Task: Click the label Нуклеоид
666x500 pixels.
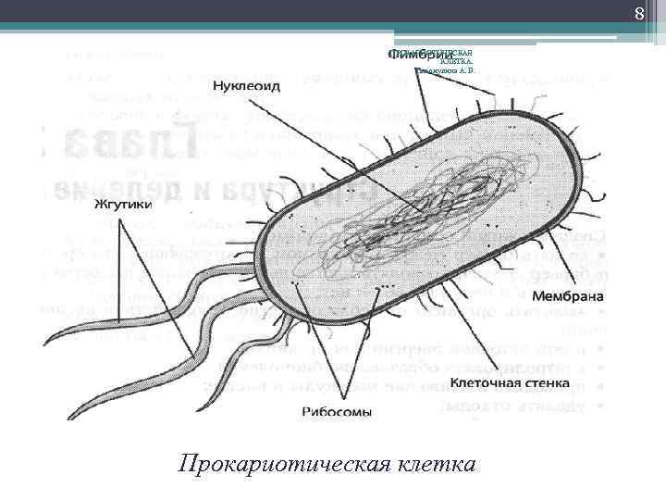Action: pyautogui.click(x=245, y=86)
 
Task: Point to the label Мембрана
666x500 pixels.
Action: pyautogui.click(x=568, y=296)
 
